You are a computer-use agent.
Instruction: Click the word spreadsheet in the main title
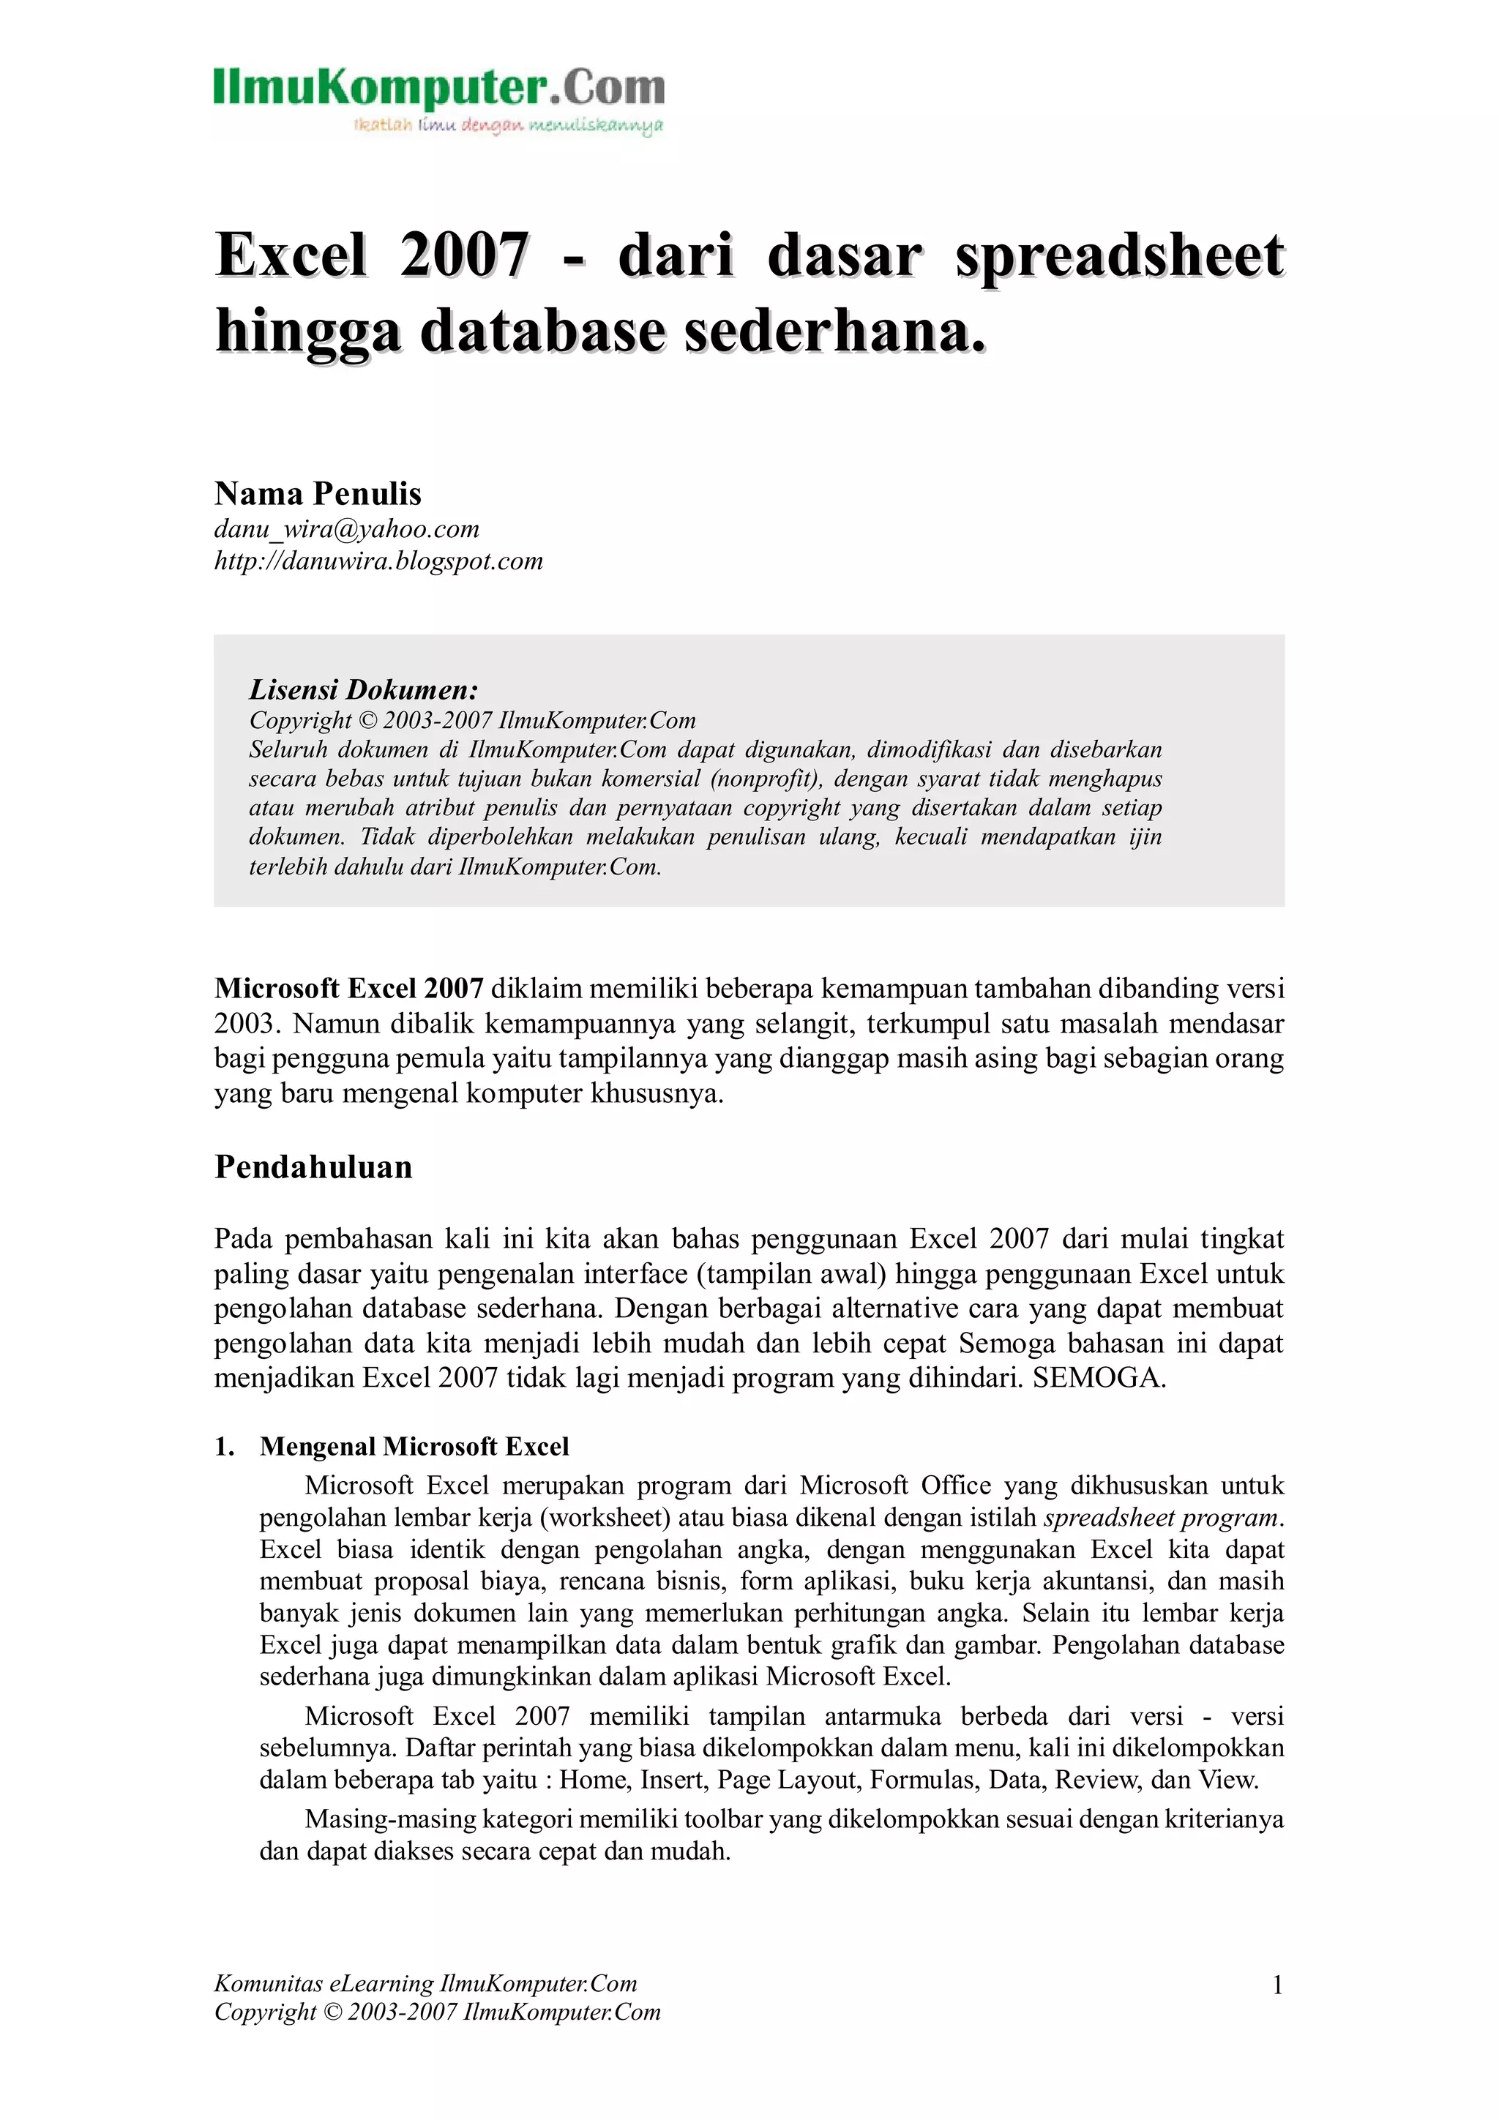click(1119, 256)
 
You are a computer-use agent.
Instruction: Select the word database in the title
click(542, 332)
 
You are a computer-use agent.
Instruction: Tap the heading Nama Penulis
click(318, 494)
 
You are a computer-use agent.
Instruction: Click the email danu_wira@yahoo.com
click(346, 529)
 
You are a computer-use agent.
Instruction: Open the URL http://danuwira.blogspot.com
click(378, 561)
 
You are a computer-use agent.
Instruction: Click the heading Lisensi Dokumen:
click(363, 690)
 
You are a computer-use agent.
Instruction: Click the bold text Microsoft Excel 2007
click(349, 989)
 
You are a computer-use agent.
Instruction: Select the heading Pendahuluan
click(313, 1167)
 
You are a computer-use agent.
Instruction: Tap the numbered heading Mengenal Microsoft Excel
click(414, 1447)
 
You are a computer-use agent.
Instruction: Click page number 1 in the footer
click(1277, 1985)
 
